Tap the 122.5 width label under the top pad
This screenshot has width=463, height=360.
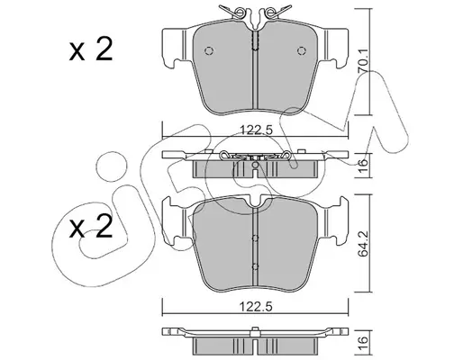click(256, 130)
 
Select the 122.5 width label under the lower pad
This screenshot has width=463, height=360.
click(256, 307)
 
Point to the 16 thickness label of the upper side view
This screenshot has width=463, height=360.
click(363, 163)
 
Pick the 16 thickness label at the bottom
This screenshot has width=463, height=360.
click(363, 340)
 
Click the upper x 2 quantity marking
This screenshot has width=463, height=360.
click(91, 49)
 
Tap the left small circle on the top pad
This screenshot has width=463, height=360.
click(209, 51)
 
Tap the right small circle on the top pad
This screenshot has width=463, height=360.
click(302, 51)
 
